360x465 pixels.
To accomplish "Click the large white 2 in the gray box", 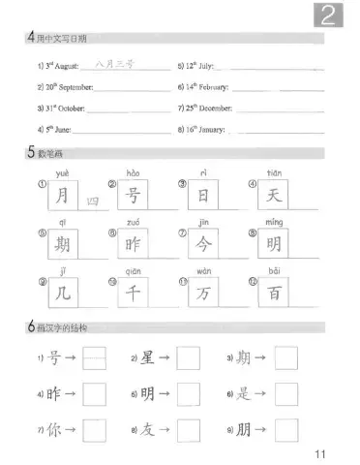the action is (333, 15).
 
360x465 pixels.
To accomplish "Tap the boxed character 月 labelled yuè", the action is (64, 196).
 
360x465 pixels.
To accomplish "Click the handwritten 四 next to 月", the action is (92, 201).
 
